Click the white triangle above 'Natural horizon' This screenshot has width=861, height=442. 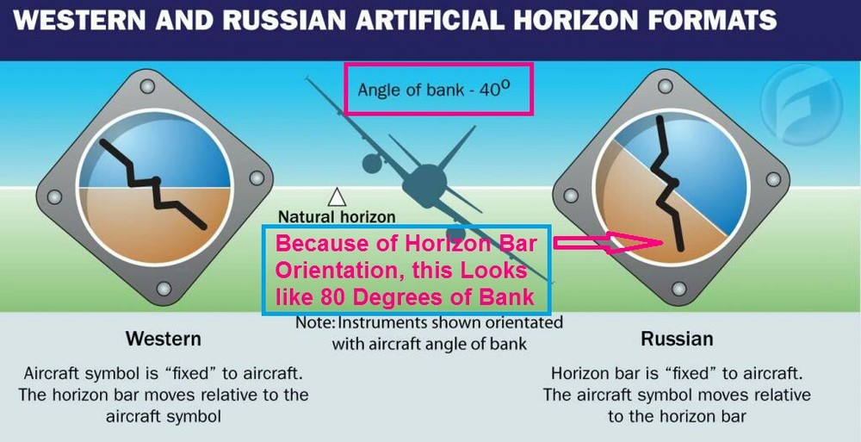pyautogui.click(x=337, y=197)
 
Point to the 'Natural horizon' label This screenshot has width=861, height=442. pyautogui.click(x=337, y=217)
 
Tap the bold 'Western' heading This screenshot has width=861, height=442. pyautogui.click(x=164, y=338)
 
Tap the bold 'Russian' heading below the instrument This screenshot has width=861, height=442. pyautogui.click(x=677, y=339)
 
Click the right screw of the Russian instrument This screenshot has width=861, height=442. pyautogui.click(x=772, y=180)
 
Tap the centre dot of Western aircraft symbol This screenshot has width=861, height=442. pyautogui.click(x=156, y=181)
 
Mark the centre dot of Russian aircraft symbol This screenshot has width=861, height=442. pyautogui.click(x=672, y=183)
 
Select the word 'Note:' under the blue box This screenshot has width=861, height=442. pyautogui.click(x=314, y=323)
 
